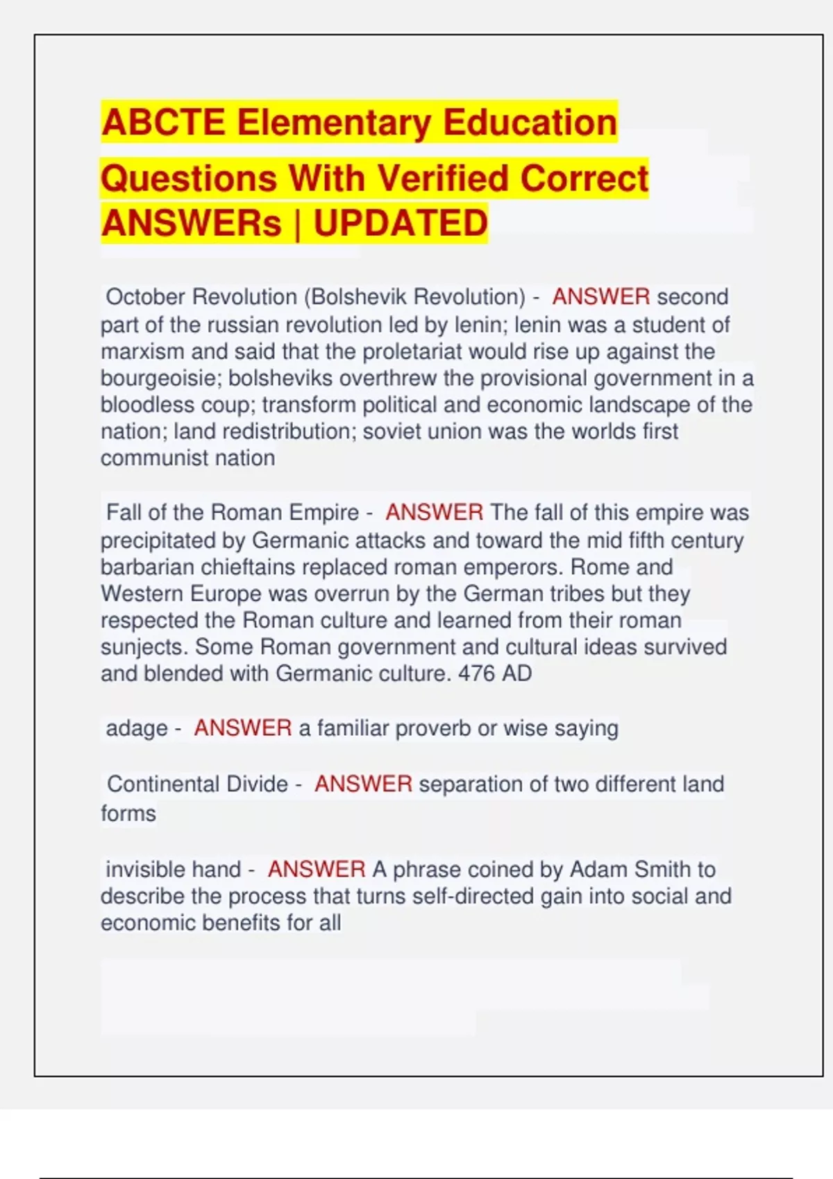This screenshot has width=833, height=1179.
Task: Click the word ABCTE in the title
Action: point(163,123)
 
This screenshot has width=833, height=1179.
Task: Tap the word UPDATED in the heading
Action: point(401,223)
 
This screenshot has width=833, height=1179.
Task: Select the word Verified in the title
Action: point(443,178)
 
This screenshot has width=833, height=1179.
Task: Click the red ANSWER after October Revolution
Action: point(601,297)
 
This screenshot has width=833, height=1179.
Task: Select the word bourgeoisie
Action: point(158,379)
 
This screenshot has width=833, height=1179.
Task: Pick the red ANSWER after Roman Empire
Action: point(434,513)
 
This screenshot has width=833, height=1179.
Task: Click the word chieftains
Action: point(249,567)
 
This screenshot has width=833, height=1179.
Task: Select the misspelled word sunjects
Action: point(144,647)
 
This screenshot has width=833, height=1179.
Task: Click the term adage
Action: point(137,728)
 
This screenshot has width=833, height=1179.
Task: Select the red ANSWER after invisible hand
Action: point(317,870)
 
